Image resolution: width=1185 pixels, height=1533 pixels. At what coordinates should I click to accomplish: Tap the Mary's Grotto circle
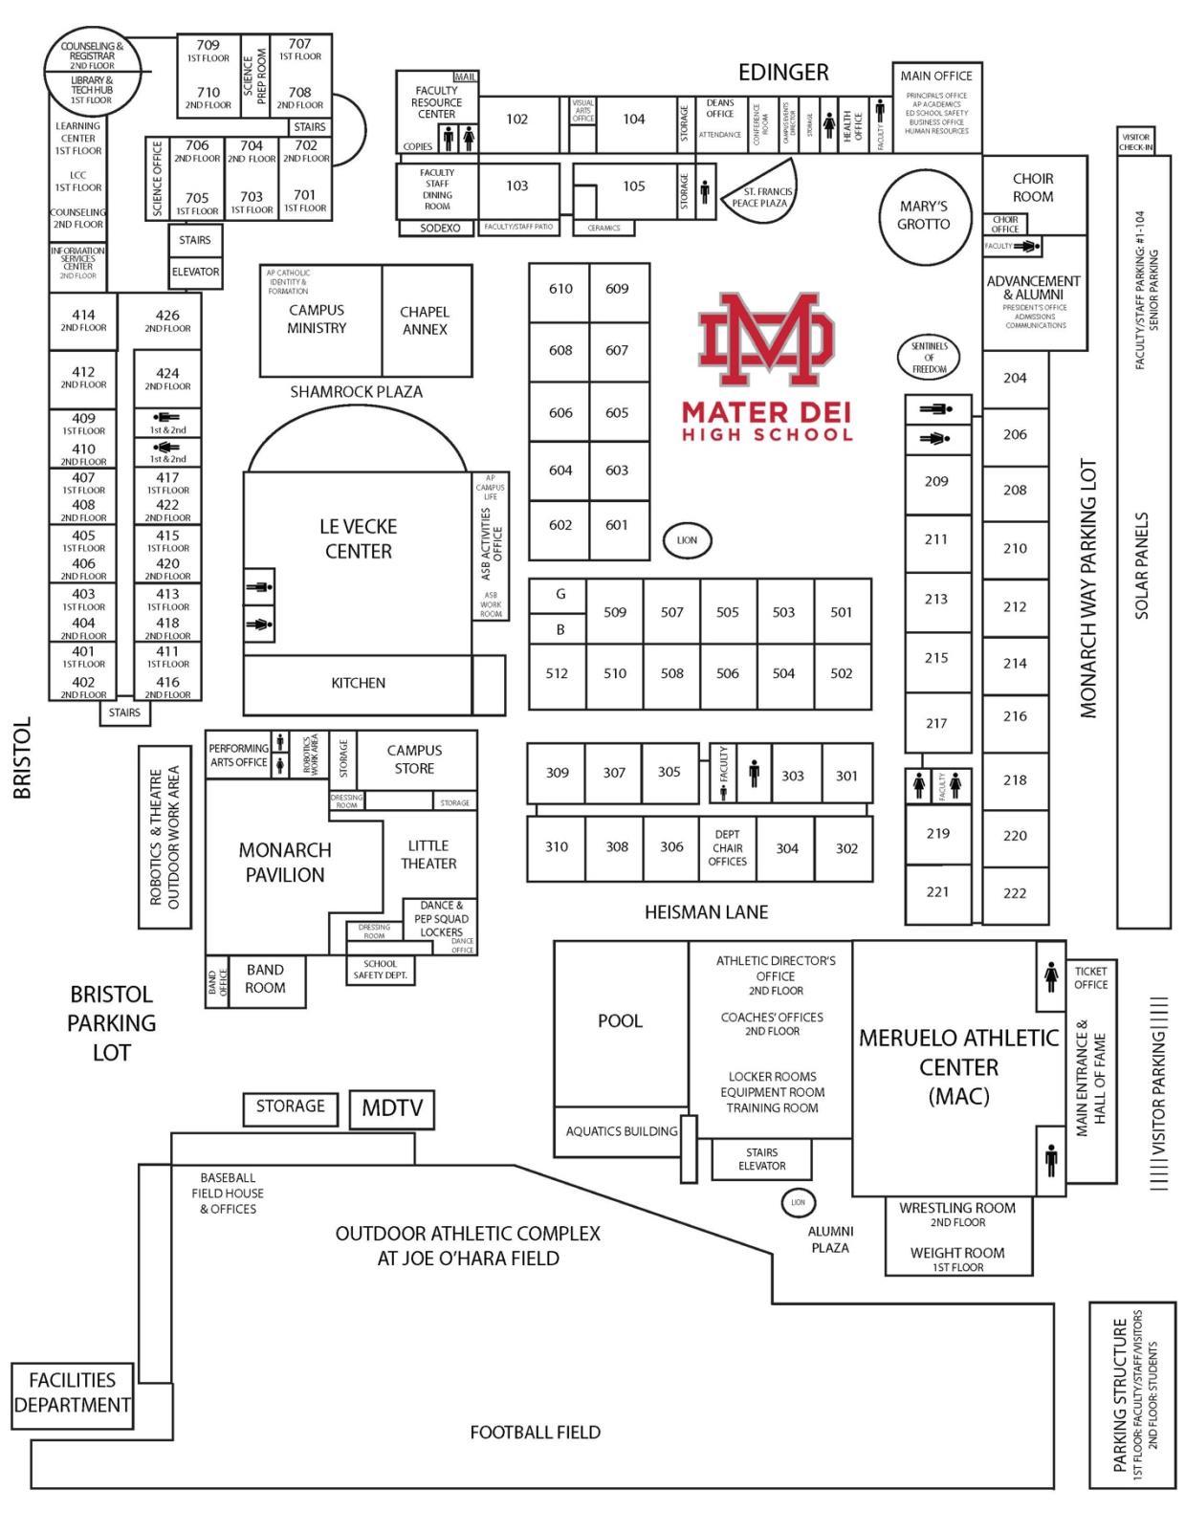(x=924, y=216)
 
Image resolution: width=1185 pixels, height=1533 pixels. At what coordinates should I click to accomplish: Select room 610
(x=560, y=289)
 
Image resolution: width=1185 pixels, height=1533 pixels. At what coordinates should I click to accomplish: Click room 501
(x=842, y=612)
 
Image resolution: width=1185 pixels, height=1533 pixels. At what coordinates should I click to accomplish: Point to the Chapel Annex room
(x=425, y=320)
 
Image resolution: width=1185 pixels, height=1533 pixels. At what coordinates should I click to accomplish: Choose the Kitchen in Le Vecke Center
(x=358, y=683)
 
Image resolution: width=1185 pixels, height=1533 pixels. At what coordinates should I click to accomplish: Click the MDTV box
(x=392, y=1108)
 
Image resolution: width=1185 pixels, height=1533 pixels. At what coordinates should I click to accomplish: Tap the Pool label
(x=620, y=1021)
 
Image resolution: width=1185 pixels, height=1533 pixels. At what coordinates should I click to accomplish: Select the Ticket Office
(x=1090, y=978)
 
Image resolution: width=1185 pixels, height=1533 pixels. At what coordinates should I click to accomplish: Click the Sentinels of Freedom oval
(x=930, y=358)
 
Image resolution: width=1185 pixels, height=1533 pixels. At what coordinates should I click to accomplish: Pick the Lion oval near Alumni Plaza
(x=798, y=1202)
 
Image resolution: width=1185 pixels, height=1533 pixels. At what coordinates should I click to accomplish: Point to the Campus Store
(x=414, y=759)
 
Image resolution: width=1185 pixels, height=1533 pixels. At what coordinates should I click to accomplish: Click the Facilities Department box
(x=72, y=1393)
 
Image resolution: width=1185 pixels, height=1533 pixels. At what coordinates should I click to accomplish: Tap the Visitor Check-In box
(x=1136, y=142)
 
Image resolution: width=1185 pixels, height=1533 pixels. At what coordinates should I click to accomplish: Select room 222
(x=1015, y=893)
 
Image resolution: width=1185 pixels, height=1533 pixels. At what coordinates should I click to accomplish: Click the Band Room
(x=265, y=979)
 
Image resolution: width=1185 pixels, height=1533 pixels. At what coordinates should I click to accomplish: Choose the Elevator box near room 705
(x=195, y=273)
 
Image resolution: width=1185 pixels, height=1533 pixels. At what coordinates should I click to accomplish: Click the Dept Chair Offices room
(x=727, y=848)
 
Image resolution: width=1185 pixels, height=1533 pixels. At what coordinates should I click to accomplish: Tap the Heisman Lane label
(x=706, y=912)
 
